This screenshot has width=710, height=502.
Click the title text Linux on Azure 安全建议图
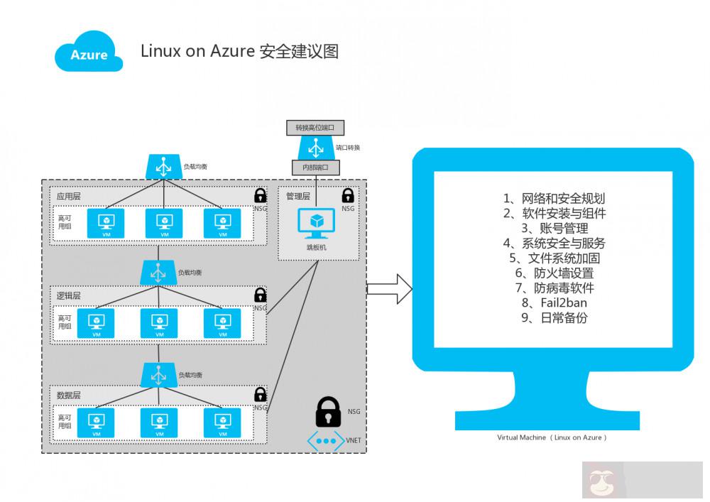[239, 51]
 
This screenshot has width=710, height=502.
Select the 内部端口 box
[316, 168]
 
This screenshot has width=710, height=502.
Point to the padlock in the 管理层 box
[348, 195]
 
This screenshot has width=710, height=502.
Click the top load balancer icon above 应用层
[163, 168]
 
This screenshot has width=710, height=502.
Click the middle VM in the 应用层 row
[164, 223]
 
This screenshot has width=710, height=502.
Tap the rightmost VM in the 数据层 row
[222, 422]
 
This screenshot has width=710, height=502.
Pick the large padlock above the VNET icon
[327, 411]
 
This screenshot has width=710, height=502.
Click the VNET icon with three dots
[326, 441]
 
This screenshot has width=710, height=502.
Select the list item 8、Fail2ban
[555, 303]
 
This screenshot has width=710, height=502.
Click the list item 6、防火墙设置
[555, 273]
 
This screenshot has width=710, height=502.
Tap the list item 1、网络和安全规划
[555, 198]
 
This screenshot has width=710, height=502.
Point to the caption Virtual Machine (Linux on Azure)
[552, 438]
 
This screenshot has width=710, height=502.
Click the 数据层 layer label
[69, 395]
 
